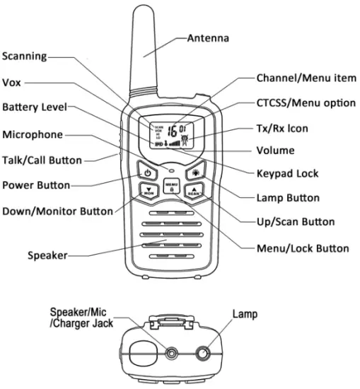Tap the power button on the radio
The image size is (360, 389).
(147, 172)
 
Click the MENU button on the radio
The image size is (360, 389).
(170, 187)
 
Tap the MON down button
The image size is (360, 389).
(149, 191)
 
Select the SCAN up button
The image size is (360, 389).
(193, 191)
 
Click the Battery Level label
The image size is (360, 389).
(34, 108)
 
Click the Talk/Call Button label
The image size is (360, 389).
(42, 160)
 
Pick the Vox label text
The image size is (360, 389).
(12, 82)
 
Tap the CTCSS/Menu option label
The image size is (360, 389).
(306, 103)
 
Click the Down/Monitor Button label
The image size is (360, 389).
(57, 211)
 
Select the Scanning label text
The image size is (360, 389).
(25, 57)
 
